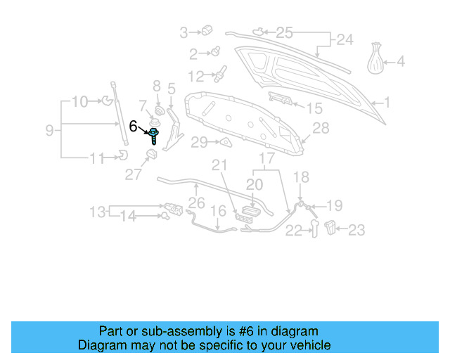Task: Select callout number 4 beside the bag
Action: tap(401, 61)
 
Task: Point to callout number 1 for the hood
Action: tap(386, 103)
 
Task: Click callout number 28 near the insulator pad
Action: tap(321, 128)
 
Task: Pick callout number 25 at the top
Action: tap(283, 32)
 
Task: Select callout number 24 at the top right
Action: tap(345, 40)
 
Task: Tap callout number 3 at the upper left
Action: tap(184, 32)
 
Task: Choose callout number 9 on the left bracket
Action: tap(50, 130)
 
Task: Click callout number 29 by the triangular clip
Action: tap(200, 143)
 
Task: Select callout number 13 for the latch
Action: tap(97, 210)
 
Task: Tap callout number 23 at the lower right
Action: tap(357, 229)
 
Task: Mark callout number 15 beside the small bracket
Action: tap(314, 108)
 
